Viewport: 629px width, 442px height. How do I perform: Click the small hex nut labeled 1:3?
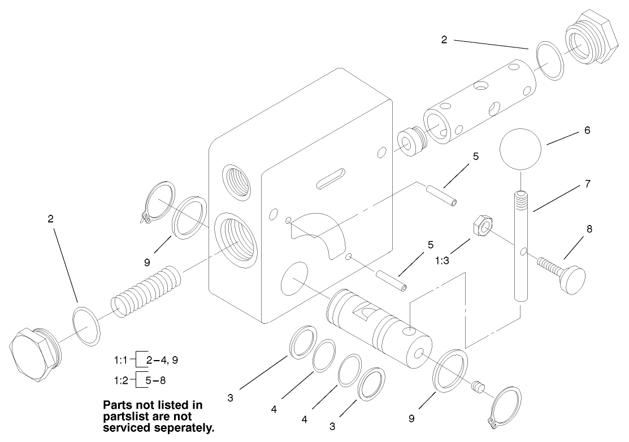[481, 227]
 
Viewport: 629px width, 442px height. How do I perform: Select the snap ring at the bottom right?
[505, 405]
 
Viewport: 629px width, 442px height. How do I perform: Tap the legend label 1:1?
[122, 359]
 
